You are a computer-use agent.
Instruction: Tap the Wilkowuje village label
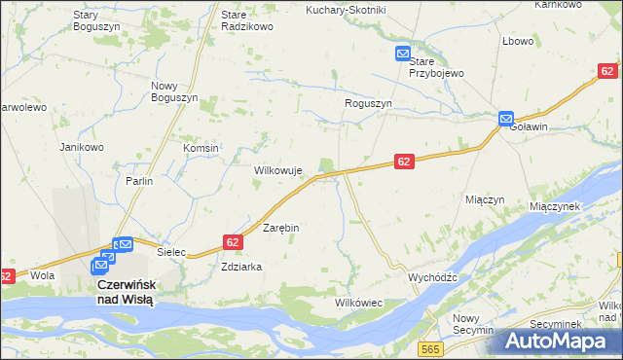click(x=279, y=170)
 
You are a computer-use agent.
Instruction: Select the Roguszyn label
click(x=368, y=103)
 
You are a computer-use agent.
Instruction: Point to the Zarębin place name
click(x=281, y=228)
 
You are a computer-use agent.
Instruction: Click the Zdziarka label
click(x=241, y=266)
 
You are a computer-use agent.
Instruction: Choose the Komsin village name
click(x=201, y=147)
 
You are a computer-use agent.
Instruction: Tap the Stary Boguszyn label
click(x=96, y=21)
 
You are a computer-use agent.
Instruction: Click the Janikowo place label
click(x=82, y=147)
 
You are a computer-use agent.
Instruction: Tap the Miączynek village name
click(x=555, y=206)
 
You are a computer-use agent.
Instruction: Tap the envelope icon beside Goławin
click(x=506, y=119)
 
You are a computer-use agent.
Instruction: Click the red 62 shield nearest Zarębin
click(x=232, y=241)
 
